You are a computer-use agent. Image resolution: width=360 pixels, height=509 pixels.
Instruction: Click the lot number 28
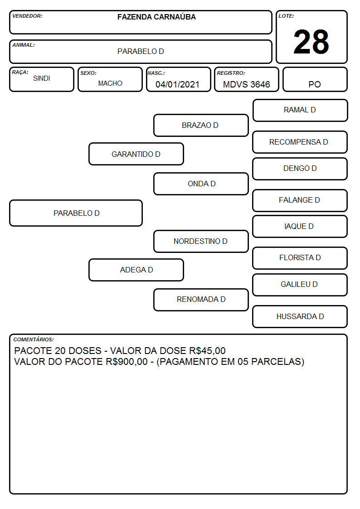coord(311,42)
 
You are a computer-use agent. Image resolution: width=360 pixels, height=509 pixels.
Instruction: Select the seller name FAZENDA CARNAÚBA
coord(156,17)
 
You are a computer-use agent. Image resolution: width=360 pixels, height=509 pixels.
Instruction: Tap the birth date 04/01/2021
coord(177,84)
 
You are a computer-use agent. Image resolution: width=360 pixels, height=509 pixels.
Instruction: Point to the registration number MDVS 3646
coord(246,84)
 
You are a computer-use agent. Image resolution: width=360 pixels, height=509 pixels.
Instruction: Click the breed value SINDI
coord(42,78)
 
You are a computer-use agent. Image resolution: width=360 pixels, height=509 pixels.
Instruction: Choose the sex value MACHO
coord(110,83)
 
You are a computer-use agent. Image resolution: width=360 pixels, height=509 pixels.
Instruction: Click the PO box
coord(315,79)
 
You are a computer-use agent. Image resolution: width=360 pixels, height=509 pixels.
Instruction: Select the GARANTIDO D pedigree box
coord(136,154)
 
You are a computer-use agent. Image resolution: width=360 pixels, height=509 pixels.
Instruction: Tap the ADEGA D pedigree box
coord(136,270)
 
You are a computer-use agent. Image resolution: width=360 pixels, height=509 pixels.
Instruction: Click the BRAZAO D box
coord(201,125)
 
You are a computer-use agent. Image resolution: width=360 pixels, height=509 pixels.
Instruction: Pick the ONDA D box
coord(201,184)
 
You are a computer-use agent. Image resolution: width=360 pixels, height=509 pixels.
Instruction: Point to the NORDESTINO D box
coord(201,241)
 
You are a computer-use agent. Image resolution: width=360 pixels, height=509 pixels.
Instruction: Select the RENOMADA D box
coord(201,300)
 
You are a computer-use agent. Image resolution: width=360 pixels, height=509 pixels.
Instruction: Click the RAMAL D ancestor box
coord(300,111)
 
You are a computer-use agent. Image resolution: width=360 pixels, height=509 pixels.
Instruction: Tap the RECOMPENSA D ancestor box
coord(300,142)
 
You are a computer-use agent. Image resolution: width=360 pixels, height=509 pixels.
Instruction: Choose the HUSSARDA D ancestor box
coord(300,316)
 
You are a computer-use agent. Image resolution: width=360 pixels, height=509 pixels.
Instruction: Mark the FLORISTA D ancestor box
coord(300,258)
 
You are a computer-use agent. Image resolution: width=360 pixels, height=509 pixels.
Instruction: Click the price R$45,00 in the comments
coord(207,351)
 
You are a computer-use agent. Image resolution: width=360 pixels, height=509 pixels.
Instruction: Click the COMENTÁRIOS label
coord(34,339)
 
